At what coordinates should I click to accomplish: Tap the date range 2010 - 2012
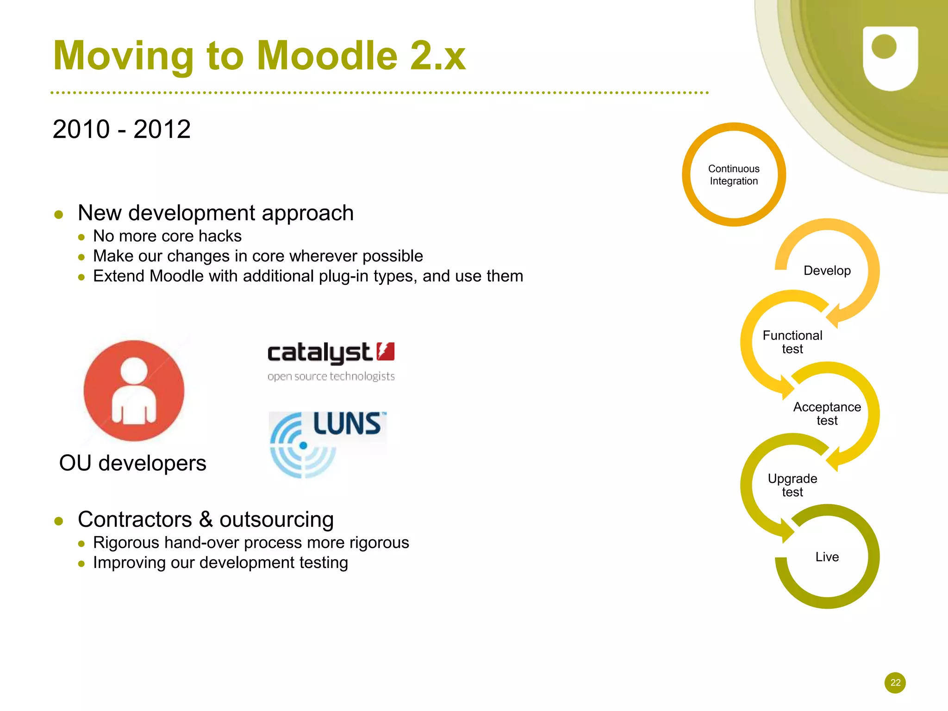(121, 129)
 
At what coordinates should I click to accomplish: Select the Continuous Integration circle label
(734, 175)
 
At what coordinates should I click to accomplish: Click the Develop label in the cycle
(827, 271)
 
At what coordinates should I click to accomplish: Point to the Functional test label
(792, 342)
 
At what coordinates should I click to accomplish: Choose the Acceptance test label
(827, 414)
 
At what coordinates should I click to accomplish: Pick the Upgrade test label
(792, 485)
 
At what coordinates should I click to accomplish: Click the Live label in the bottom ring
(827, 556)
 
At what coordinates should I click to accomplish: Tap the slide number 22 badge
(895, 682)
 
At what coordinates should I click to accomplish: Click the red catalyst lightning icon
(385, 351)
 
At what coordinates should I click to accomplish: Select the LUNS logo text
(347, 424)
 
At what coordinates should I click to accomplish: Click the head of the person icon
(134, 370)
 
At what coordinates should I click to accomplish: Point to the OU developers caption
(132, 463)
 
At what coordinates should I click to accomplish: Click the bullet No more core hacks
(167, 236)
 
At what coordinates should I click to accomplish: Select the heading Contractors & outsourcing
(206, 519)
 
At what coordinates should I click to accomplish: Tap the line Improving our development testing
(220, 563)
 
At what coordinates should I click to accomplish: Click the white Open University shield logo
(890, 58)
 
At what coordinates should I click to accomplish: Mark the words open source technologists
(331, 376)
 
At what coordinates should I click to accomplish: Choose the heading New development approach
(216, 213)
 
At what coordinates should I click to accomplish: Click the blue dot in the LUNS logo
(303, 445)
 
